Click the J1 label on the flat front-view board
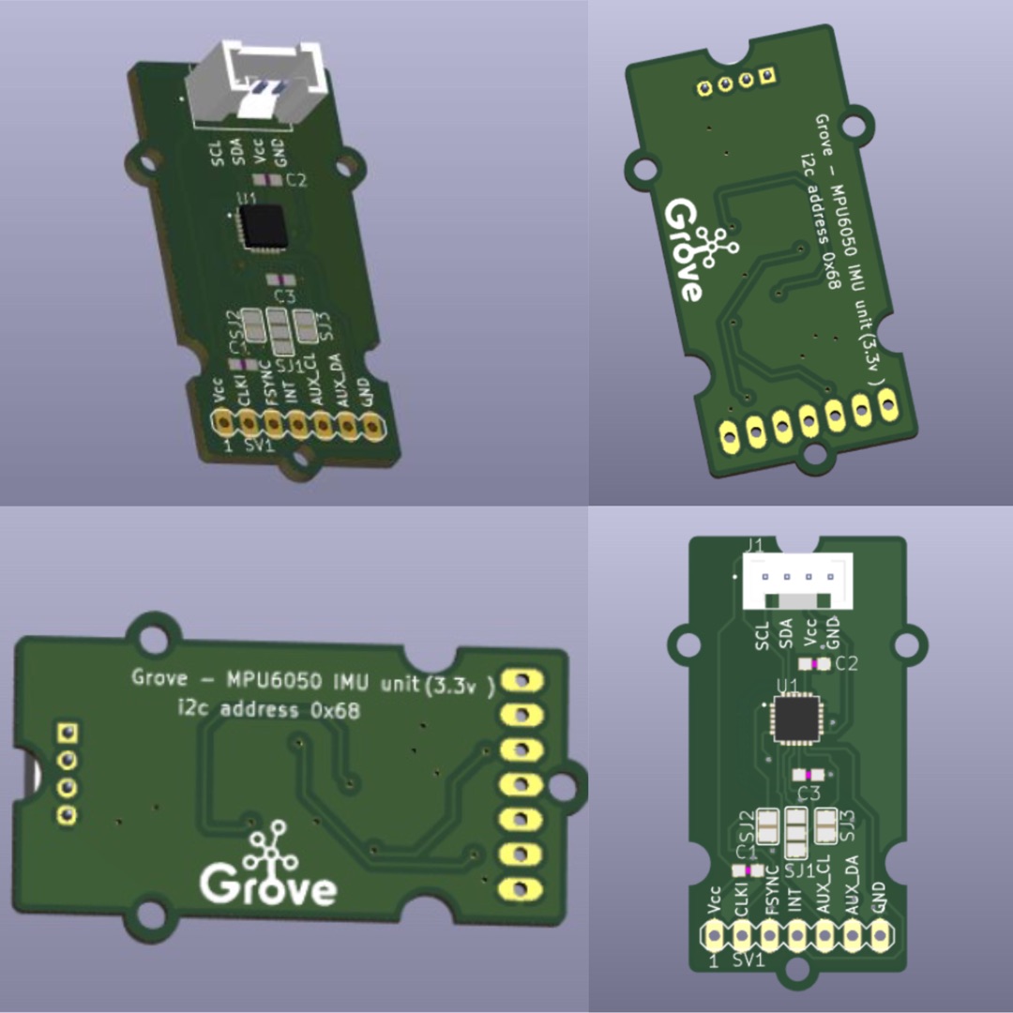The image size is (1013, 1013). (x=752, y=544)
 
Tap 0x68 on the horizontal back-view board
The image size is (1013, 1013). (x=334, y=710)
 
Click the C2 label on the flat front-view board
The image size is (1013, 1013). (x=846, y=664)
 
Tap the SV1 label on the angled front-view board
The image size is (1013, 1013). (x=257, y=447)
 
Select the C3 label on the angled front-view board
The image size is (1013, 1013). (x=279, y=297)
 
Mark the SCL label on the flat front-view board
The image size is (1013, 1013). (x=762, y=635)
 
